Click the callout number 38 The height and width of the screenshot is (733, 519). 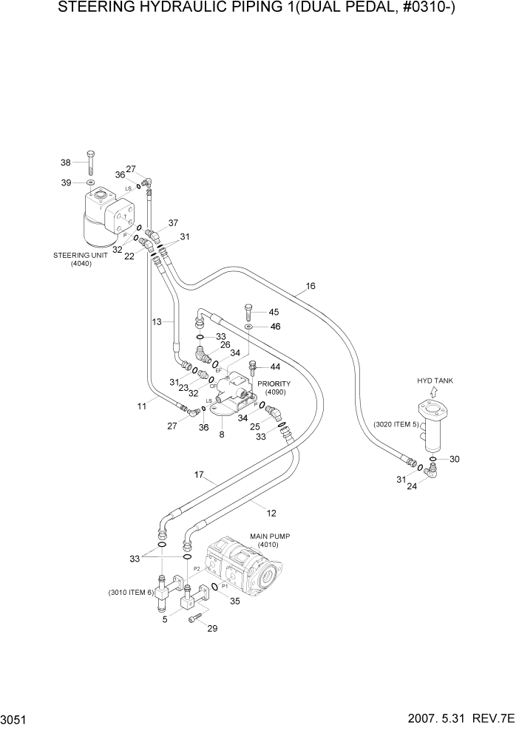pyautogui.click(x=65, y=163)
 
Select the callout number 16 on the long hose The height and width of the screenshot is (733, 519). pyautogui.click(x=311, y=285)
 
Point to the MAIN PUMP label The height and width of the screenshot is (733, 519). pyautogui.click(x=267, y=536)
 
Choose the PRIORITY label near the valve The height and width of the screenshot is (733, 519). pyautogui.click(x=274, y=383)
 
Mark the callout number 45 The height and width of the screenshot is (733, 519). pyautogui.click(x=274, y=312)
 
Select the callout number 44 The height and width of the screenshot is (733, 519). pyautogui.click(x=275, y=367)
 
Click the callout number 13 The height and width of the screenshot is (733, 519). pyautogui.click(x=157, y=321)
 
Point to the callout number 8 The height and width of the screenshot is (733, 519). pyautogui.click(x=221, y=435)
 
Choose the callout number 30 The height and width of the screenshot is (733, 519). pyautogui.click(x=455, y=459)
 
